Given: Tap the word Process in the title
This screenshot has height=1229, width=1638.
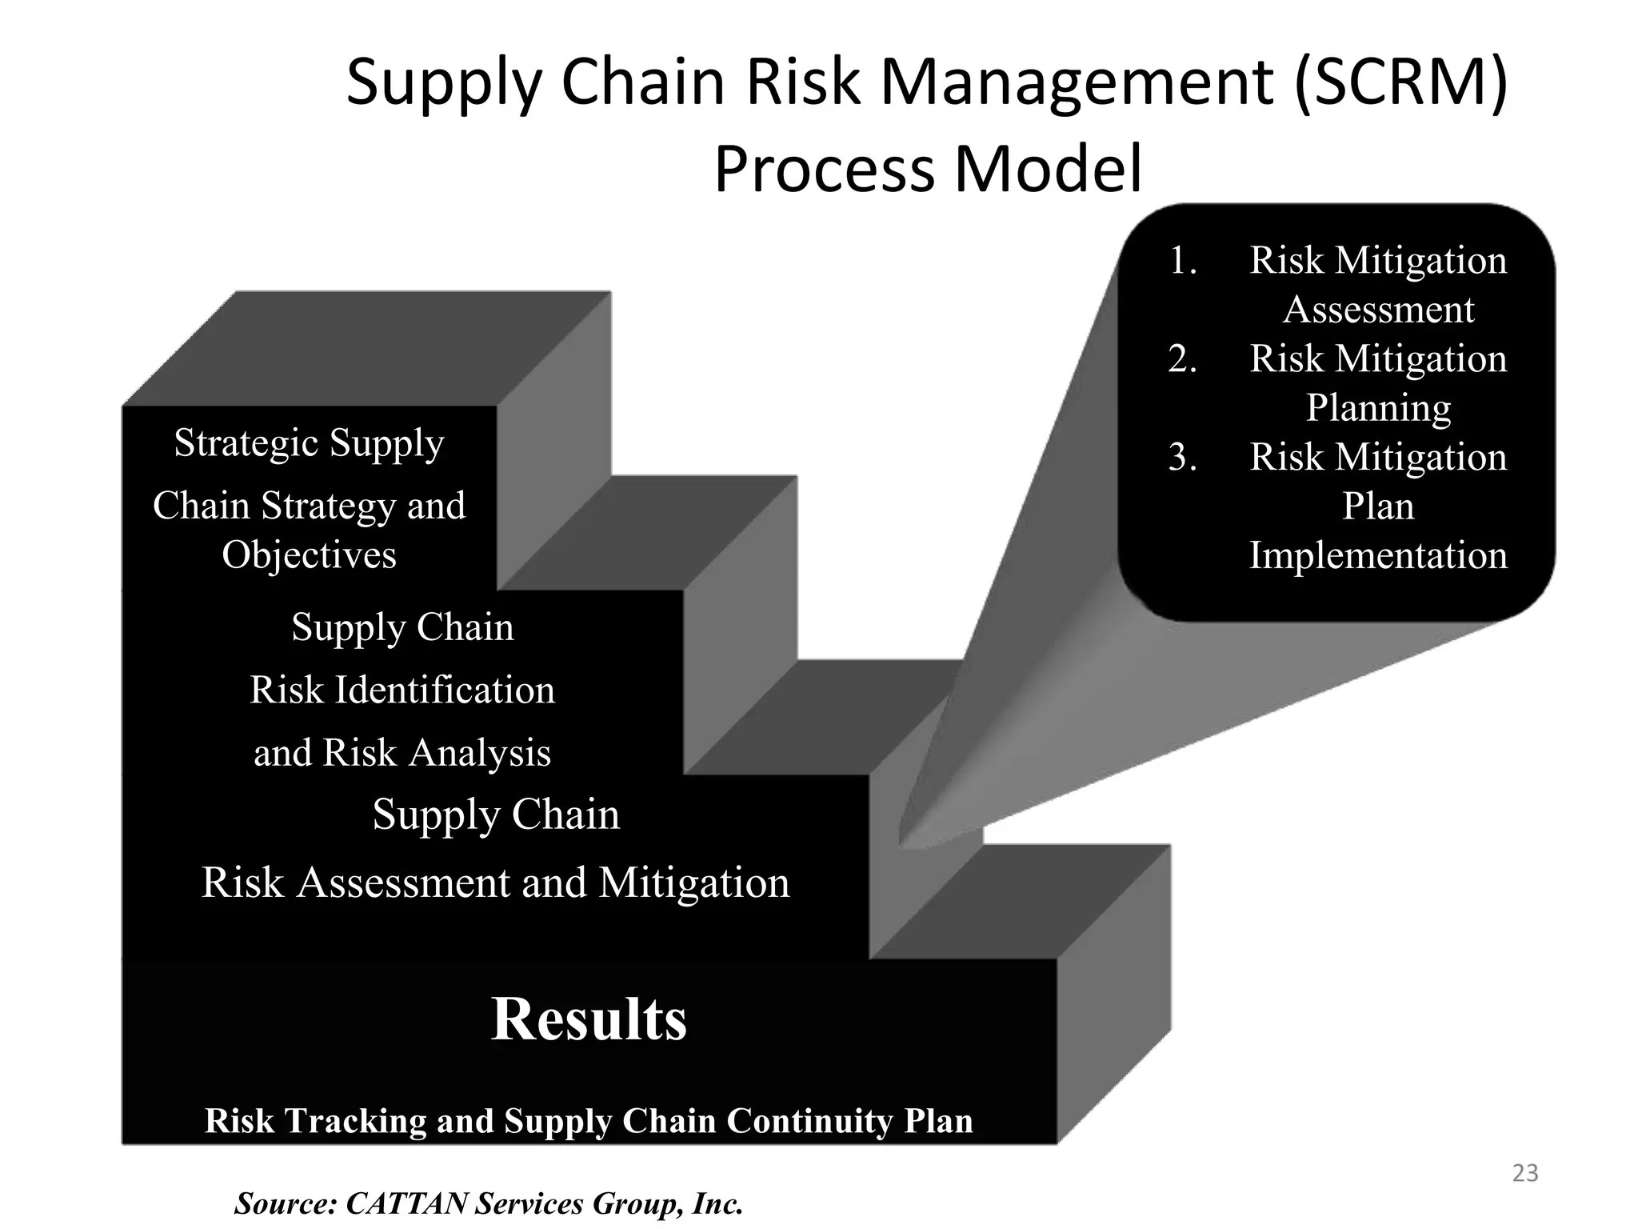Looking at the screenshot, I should pyautogui.click(x=824, y=170).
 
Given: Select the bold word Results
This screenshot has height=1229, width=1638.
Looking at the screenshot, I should pyautogui.click(x=589, y=1019).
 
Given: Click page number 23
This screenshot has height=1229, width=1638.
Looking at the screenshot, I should pyautogui.click(x=1525, y=1173).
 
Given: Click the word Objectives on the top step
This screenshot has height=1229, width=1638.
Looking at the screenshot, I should pyautogui.click(x=309, y=554).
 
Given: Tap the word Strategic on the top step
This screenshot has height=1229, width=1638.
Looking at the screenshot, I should pyautogui.click(x=246, y=442).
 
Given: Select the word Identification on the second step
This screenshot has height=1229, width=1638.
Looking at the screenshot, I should pyautogui.click(x=444, y=690).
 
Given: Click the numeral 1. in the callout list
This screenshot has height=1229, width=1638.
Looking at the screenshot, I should pyautogui.click(x=1182, y=261).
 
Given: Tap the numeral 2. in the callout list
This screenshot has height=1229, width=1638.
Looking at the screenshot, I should pyautogui.click(x=1182, y=359).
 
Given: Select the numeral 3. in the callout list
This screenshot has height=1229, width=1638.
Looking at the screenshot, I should pyautogui.click(x=1182, y=458).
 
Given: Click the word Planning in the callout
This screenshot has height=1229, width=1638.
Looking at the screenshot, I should pyautogui.click(x=1378, y=408).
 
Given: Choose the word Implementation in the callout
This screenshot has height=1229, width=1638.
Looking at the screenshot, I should pyautogui.click(x=1378, y=555).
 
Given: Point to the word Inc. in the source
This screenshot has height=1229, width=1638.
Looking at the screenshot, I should pyautogui.click(x=717, y=1203).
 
